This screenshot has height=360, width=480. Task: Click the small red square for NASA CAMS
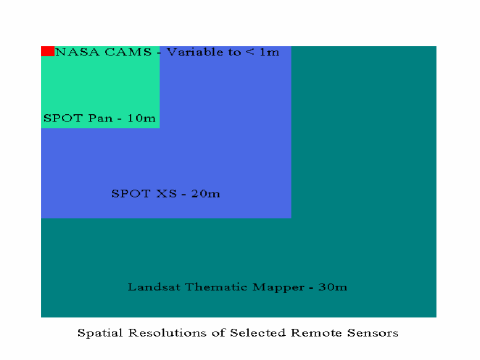click(47, 51)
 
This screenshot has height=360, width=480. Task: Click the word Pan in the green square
click(100, 118)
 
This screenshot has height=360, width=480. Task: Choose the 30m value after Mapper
click(333, 287)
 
